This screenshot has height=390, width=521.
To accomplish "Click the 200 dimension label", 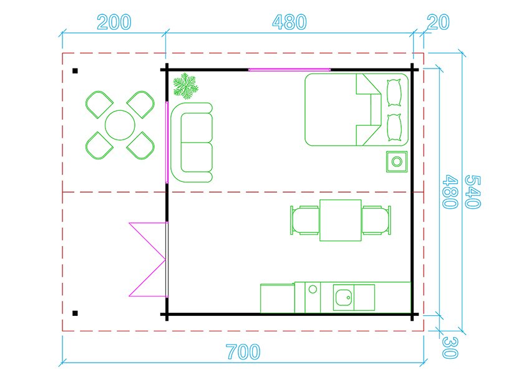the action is pyautogui.click(x=114, y=22).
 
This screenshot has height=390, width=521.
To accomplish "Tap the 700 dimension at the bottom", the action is pyautogui.click(x=243, y=352).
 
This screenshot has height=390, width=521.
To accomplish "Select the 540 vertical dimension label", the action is pyautogui.click(x=472, y=192).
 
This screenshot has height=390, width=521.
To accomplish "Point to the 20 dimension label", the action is pyautogui.click(x=438, y=22).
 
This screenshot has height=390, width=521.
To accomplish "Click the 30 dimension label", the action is pyautogui.click(x=450, y=347).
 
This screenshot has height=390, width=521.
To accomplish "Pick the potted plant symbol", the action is pyautogui.click(x=186, y=86).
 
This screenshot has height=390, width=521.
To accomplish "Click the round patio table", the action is pyautogui.click(x=120, y=125).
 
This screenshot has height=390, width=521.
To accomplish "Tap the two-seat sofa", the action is pyautogui.click(x=192, y=143).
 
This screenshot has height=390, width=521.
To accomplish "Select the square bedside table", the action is pyautogui.click(x=397, y=162).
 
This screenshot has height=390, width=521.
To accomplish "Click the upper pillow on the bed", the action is pyautogui.click(x=394, y=93).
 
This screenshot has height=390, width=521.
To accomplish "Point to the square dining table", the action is pyautogui.click(x=341, y=220).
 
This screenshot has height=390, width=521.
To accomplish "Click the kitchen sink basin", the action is pyautogui.click(x=344, y=297).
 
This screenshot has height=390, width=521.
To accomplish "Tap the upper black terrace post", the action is pyautogui.click(x=75, y=70).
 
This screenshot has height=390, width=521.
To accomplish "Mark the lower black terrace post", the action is pyautogui.click(x=75, y=313).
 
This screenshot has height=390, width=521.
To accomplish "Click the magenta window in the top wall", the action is pyautogui.click(x=290, y=70).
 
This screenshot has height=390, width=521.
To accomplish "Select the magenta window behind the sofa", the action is pyautogui.click(x=167, y=143).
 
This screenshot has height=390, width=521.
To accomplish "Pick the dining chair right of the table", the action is pyautogui.click(x=376, y=220).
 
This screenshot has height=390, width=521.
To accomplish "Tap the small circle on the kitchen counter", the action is pyautogui.click(x=313, y=289).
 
